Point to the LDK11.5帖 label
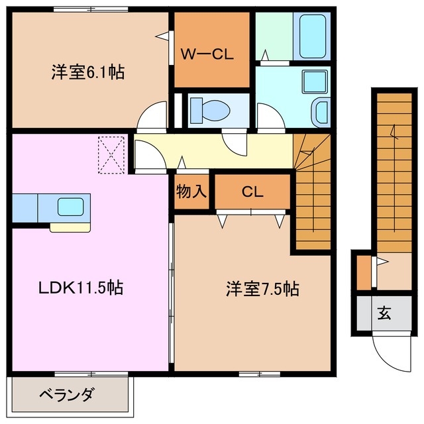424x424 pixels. click(x=79, y=288)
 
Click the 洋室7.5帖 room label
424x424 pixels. click(x=262, y=289)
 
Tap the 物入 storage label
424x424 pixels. click(x=192, y=192)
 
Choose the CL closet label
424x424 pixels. click(x=252, y=192)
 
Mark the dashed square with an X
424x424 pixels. click(x=111, y=154)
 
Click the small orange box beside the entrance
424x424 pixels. click(x=363, y=272)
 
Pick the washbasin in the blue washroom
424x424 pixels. click(x=320, y=111)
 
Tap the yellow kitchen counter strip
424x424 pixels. click(x=70, y=227)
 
